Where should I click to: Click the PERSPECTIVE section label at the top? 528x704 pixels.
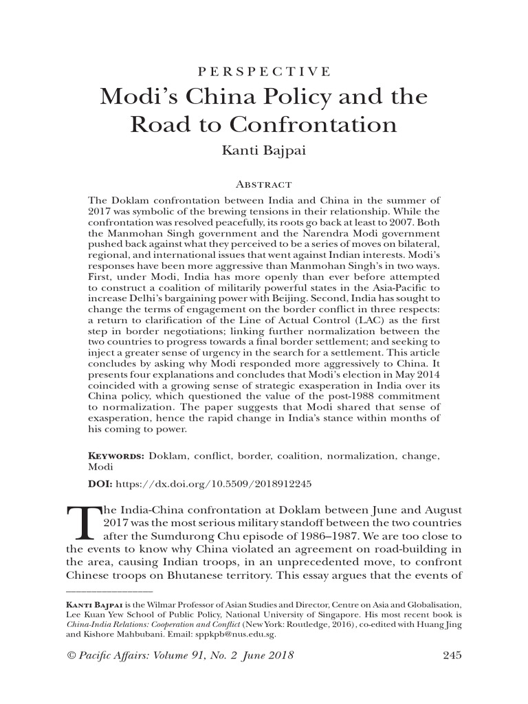tap(263, 71)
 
